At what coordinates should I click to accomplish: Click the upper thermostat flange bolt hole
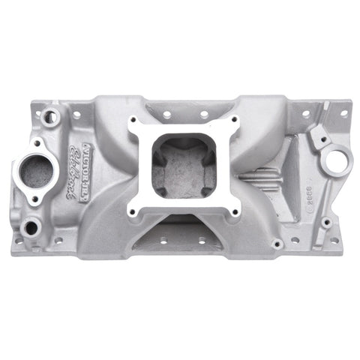(36, 142)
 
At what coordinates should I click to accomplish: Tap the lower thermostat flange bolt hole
(34, 199)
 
